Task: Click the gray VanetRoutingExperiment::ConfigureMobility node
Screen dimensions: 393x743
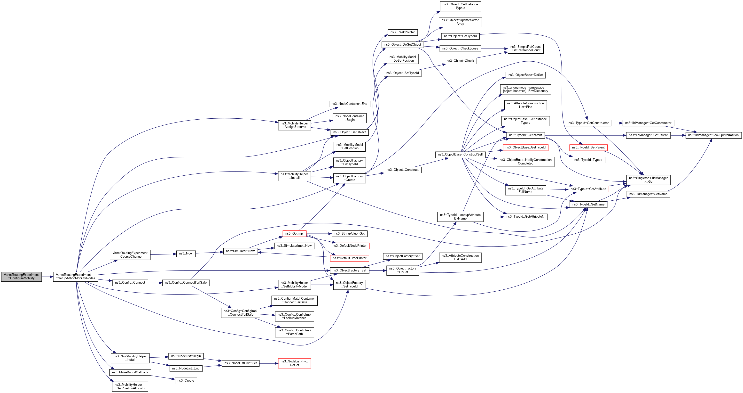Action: coord(21,276)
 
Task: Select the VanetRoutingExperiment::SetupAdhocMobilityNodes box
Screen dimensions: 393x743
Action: coord(76,276)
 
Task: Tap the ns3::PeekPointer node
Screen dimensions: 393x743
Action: coord(402,32)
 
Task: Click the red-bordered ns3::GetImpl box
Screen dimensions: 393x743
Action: coord(294,234)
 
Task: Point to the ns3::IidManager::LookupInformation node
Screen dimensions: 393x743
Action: coord(713,135)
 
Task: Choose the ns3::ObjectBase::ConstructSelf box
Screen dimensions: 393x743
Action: coord(460,155)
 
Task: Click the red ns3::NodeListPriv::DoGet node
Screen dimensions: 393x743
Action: coord(294,363)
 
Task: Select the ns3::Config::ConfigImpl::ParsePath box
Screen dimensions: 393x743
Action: coord(294,332)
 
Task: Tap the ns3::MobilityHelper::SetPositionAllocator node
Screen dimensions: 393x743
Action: coord(130,386)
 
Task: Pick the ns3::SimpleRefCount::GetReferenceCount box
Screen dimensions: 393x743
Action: coord(525,49)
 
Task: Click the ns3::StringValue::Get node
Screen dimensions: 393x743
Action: coord(349,234)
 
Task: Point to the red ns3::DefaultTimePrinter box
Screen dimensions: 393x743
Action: coord(349,258)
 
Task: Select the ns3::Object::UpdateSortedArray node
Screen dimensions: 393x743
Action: coord(460,22)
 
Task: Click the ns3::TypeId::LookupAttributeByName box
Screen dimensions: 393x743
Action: coord(460,217)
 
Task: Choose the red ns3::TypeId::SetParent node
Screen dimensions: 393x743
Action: coord(588,147)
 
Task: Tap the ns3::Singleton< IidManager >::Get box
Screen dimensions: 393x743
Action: coord(648,180)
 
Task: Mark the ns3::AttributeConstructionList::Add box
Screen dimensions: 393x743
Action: coord(460,257)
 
